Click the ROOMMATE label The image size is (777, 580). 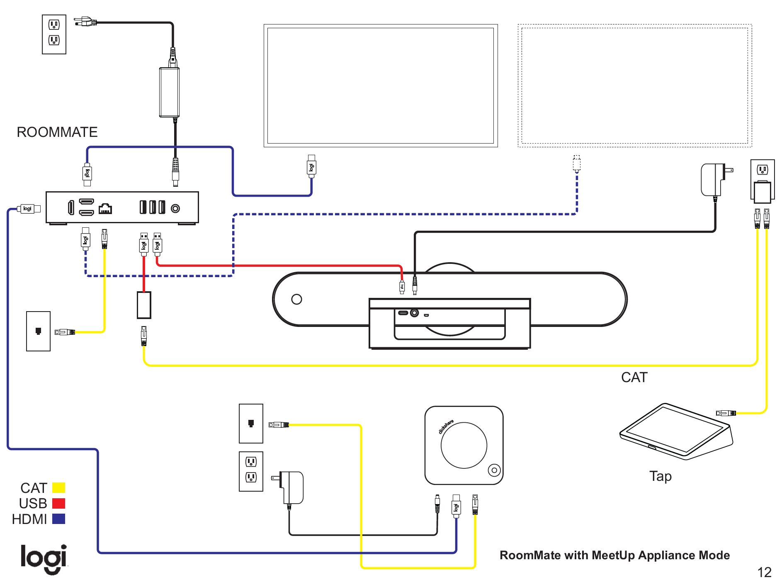(57, 132)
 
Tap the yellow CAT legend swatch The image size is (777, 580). (58, 487)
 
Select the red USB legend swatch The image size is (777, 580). (58, 503)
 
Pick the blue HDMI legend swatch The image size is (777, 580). (58, 519)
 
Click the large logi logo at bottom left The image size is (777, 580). (44, 558)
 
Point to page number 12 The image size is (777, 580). (764, 572)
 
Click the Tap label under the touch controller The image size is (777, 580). (660, 476)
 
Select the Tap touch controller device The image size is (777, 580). (676, 431)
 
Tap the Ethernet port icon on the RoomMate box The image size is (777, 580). (105, 208)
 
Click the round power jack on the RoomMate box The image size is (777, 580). (175, 208)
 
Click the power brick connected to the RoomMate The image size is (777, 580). (169, 92)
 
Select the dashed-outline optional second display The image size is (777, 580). (634, 85)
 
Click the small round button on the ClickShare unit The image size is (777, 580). (494, 470)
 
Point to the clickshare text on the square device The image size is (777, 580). (446, 426)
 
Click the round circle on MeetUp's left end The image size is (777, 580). (296, 299)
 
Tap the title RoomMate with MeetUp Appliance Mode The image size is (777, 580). (614, 555)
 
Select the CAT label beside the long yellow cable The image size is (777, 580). (634, 377)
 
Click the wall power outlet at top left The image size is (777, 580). (54, 34)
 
